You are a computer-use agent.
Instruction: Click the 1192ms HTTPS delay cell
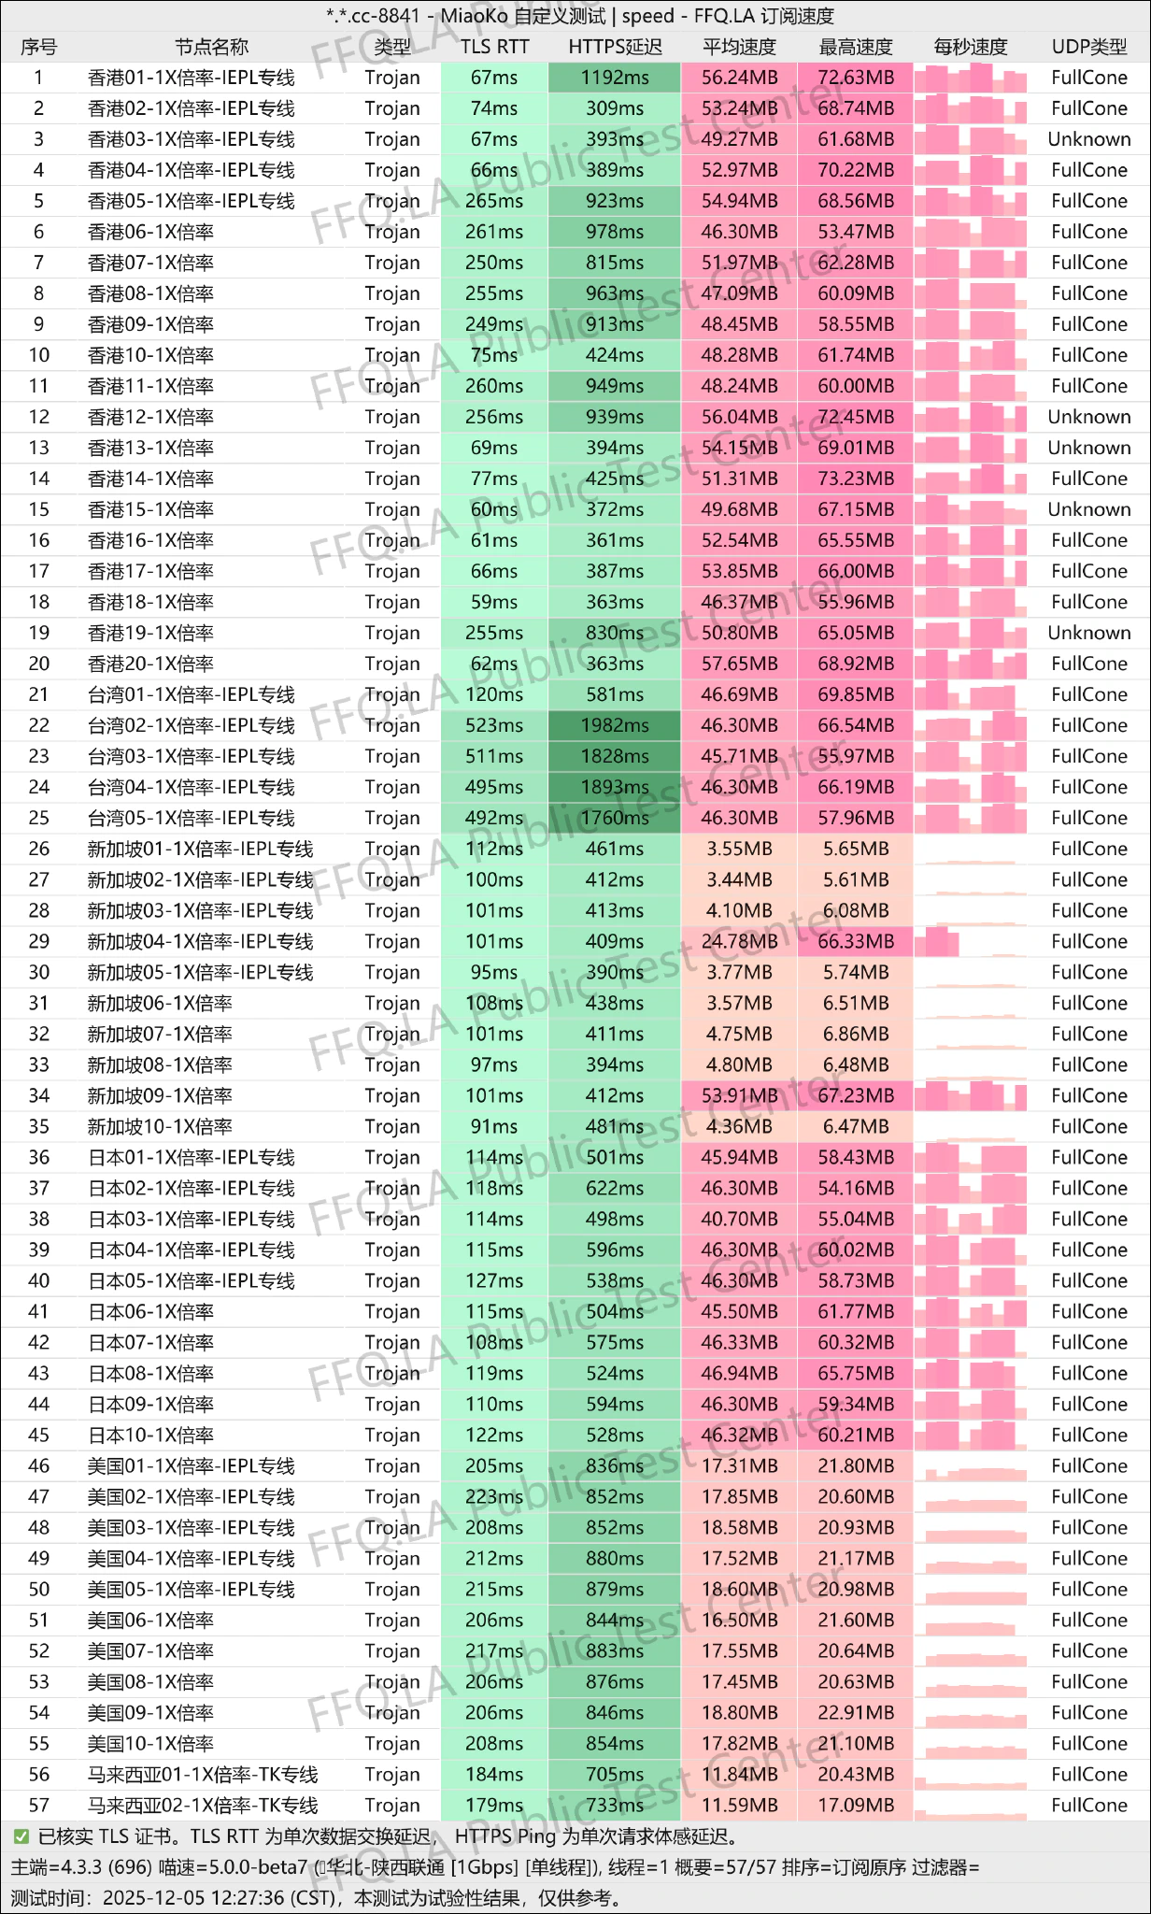pos(614,78)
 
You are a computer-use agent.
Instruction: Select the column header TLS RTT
pos(494,47)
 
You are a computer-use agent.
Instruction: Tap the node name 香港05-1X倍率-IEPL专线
pos(191,201)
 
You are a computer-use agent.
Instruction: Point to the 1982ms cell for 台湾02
pos(614,725)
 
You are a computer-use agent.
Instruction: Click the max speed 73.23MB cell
pos(855,478)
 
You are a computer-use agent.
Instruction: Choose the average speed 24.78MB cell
pos(739,941)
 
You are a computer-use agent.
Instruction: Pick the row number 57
pos(38,1805)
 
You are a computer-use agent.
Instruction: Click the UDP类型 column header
pos(1088,47)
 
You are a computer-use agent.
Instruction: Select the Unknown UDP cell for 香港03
pos(1088,139)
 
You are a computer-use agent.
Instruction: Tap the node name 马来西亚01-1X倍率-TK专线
pos(203,1774)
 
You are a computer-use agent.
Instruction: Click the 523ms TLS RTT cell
pos(494,725)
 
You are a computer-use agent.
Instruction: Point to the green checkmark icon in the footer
pos(21,1836)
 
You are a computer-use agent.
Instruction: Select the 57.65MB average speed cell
pos(739,664)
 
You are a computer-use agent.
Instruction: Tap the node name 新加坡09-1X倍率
pos(160,1095)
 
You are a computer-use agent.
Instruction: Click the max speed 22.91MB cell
pos(855,1712)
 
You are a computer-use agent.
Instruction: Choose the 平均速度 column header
pos(739,47)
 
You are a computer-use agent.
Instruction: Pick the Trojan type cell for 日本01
pos(392,1157)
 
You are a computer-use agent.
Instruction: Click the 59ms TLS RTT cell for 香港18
pos(494,602)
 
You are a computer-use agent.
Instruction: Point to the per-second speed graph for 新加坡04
pos(970,941)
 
